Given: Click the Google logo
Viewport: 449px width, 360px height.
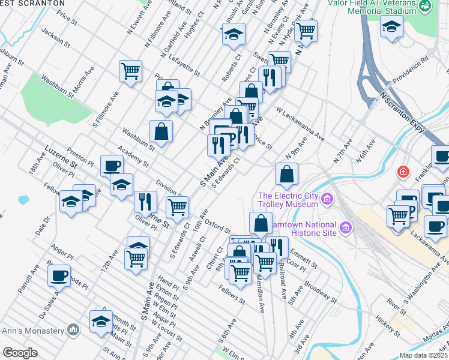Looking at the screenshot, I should tap(20, 353).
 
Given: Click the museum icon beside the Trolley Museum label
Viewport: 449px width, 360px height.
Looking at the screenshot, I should tap(327, 199).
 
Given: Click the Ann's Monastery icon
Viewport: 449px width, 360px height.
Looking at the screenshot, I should tap(73, 330).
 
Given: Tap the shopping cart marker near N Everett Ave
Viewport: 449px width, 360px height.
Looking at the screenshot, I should tap(130, 71).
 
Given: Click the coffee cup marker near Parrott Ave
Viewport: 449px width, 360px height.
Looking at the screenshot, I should tap(59, 276).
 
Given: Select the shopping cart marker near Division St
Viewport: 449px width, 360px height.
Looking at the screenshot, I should tap(177, 208).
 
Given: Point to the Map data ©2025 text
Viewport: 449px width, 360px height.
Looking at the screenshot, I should tap(423, 355).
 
